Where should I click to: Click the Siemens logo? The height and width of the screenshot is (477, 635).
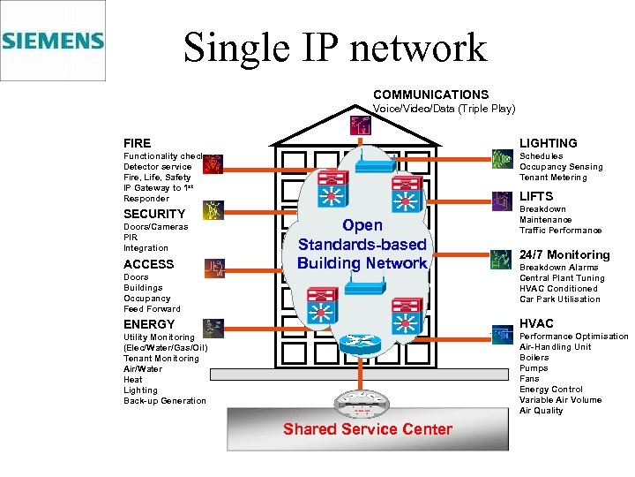(53, 41)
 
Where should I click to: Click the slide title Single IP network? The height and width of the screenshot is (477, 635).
(334, 48)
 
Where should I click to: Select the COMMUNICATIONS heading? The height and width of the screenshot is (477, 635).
(430, 95)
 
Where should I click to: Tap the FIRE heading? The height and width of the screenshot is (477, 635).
(137, 143)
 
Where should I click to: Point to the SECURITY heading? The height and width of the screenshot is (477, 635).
(154, 214)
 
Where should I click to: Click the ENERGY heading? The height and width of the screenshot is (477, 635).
(149, 324)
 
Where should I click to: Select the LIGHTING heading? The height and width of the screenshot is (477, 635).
(548, 143)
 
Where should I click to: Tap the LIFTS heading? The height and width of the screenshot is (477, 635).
(536, 196)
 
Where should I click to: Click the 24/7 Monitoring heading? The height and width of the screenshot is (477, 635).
(564, 255)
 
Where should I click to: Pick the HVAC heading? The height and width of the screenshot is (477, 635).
(536, 323)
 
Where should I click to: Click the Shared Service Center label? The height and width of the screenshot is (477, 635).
(367, 430)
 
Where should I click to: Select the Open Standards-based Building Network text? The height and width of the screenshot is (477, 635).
(362, 244)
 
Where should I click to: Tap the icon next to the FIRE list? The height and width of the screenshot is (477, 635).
(213, 163)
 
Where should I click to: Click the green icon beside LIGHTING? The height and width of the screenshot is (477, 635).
(501, 159)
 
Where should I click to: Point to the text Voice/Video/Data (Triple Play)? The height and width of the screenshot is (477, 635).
(444, 109)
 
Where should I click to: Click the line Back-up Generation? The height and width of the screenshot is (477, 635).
(164, 401)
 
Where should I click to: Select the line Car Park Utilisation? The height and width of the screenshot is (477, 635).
(559, 299)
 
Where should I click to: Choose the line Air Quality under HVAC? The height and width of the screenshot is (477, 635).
(541, 411)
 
